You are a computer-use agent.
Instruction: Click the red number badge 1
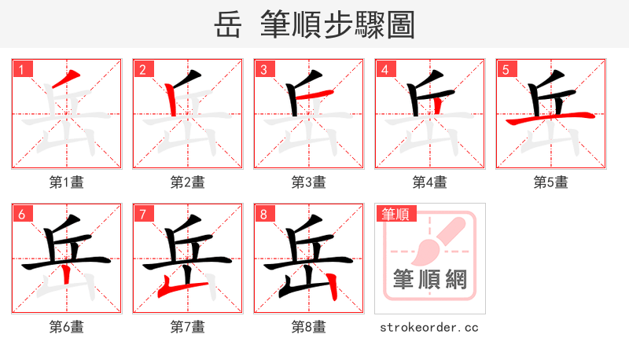coord(21,69)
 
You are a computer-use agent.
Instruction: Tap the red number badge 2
coord(142,69)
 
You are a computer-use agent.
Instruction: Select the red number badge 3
coord(263,69)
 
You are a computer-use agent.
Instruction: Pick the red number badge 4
coord(384,69)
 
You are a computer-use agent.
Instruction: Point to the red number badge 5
coord(506,69)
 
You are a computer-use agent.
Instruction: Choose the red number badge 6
coord(21,214)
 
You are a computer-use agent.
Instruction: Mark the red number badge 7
coord(142,214)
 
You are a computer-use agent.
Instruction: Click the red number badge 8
coord(263,214)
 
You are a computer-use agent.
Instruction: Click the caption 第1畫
coord(67,182)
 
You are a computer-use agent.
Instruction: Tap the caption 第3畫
coord(309,182)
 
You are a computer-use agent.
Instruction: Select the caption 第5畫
coord(551,182)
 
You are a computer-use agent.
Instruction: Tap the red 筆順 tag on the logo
coord(396,214)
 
